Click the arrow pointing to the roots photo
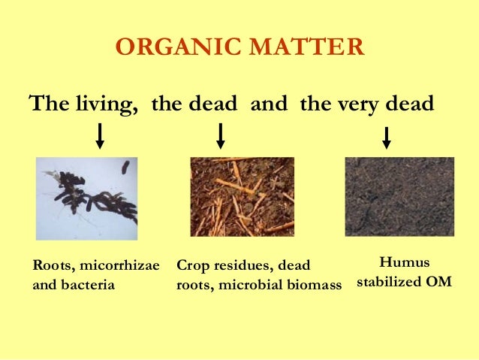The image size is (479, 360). point(100,136)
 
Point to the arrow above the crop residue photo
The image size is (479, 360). point(220,136)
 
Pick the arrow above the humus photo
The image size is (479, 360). point(387,138)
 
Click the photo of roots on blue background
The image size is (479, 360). point(87,198)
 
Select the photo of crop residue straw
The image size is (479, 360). point(242,197)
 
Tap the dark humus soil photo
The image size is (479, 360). point(399,197)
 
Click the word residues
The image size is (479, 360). point(240,267)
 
